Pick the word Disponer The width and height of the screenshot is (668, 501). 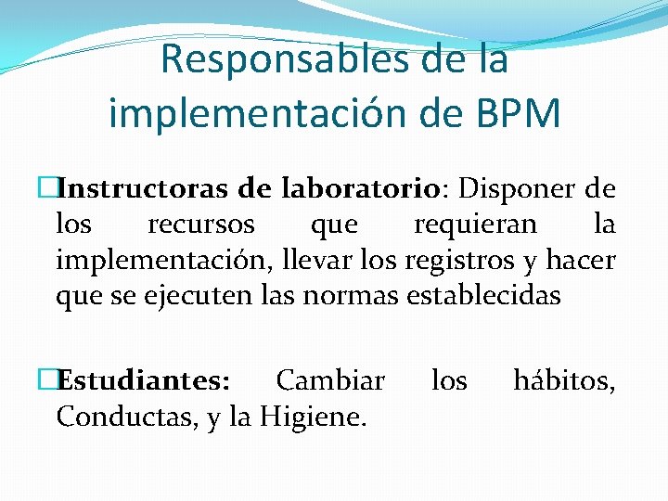pos(513,189)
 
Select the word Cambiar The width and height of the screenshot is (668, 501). pos(330,381)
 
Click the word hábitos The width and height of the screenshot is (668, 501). pos(563,381)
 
